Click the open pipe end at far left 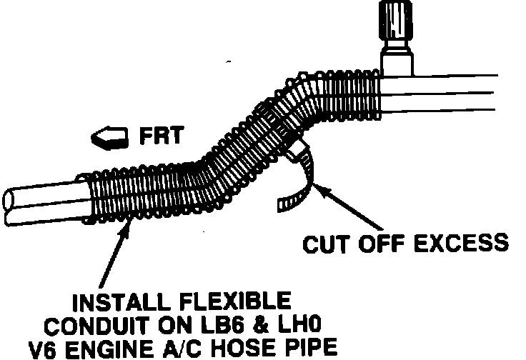click(x=10, y=205)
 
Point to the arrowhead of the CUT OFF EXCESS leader click(x=319, y=188)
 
